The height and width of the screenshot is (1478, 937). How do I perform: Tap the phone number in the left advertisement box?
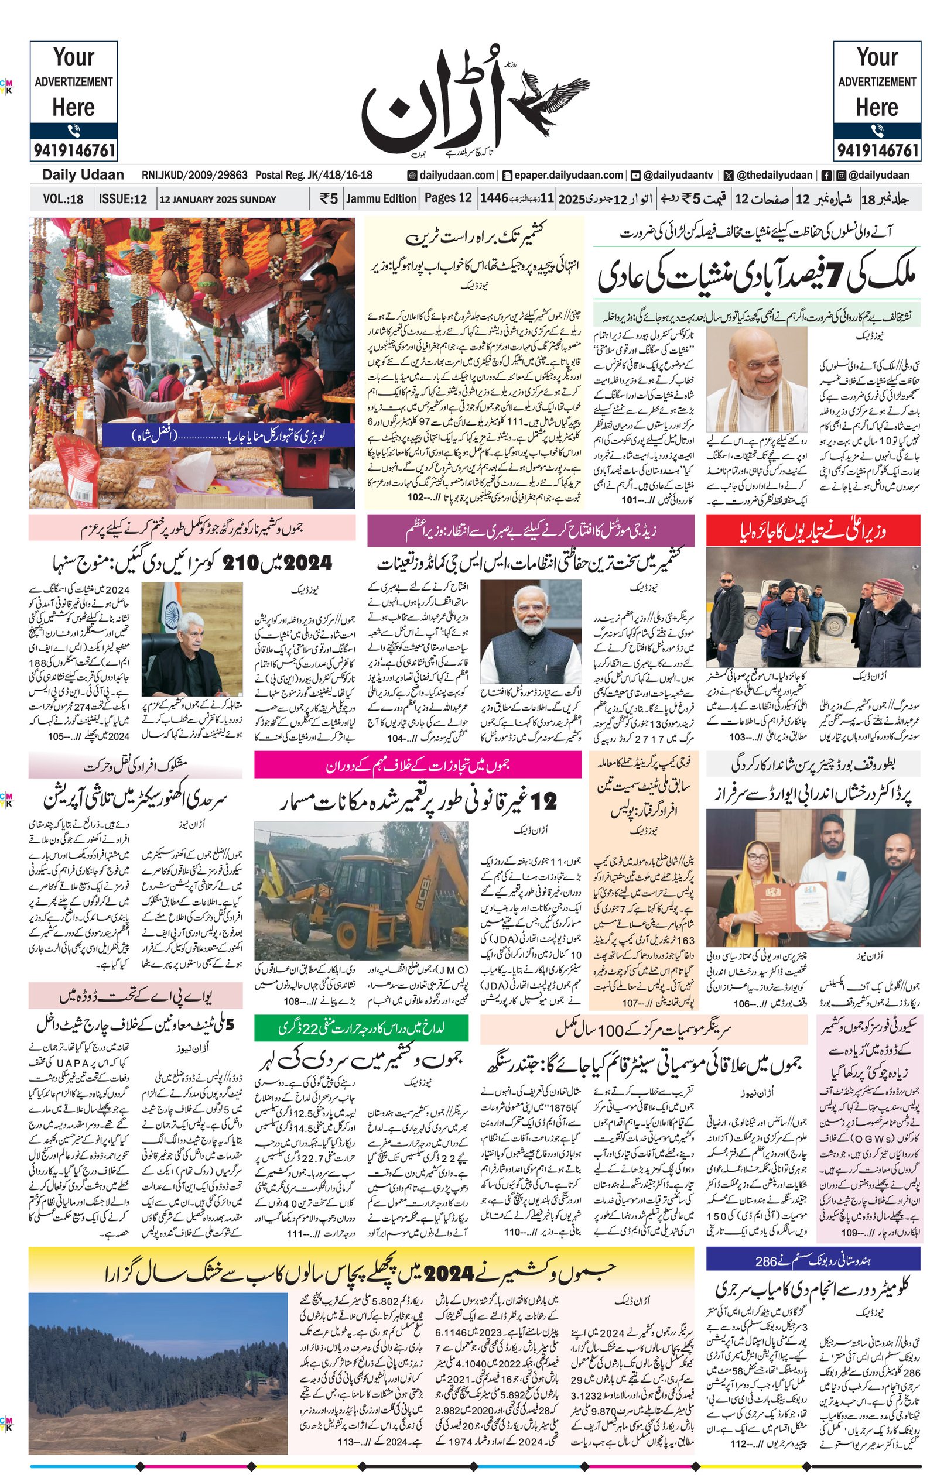point(74,150)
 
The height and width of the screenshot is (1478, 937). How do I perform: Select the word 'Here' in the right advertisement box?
point(877,108)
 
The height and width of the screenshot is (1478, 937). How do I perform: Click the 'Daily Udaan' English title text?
point(83,175)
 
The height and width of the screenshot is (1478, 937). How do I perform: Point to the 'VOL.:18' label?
point(63,199)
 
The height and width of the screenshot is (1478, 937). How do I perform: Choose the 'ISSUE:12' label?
point(123,199)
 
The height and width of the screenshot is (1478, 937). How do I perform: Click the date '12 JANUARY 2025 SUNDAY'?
point(217,199)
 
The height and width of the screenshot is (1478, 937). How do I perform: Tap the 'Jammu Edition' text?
point(381,198)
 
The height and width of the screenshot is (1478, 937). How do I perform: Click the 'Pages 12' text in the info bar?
point(448,198)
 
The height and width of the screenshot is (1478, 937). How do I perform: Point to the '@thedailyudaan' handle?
point(774,176)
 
